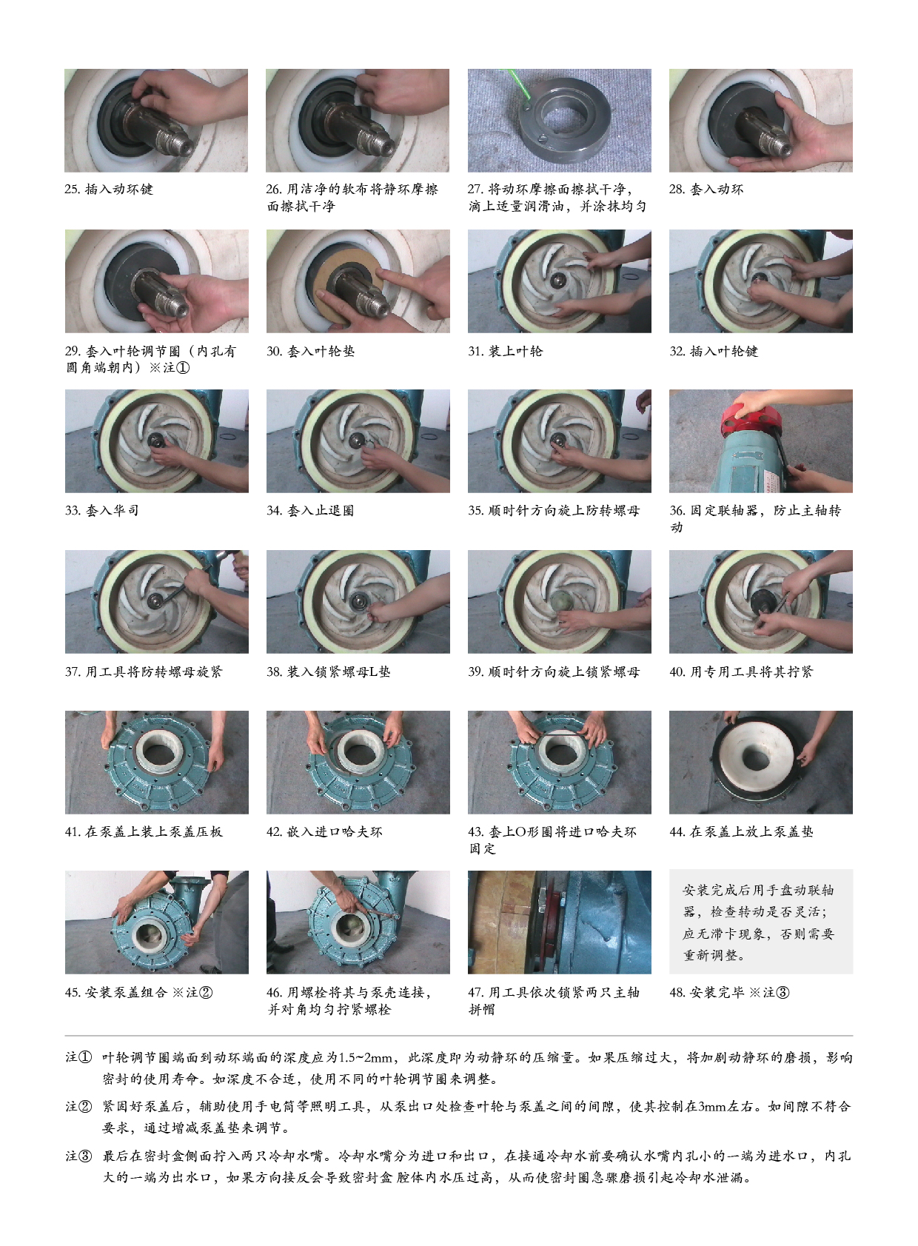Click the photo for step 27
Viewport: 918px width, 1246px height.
coord(559,120)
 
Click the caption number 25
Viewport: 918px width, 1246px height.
coord(73,189)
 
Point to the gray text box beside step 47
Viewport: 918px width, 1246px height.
coord(760,922)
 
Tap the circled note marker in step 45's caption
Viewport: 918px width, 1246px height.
coord(205,992)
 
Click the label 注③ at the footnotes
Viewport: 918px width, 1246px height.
coord(78,1156)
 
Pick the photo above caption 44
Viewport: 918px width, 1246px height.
coord(760,762)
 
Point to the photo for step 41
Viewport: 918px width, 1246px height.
coord(157,762)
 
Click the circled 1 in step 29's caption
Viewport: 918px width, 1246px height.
coord(183,368)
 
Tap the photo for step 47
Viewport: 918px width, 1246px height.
coord(559,922)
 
